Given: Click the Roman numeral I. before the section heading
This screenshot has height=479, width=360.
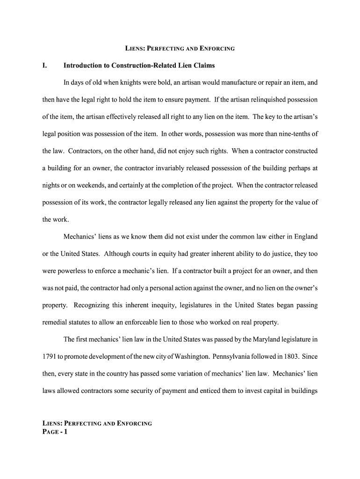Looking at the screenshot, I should [x=45, y=65].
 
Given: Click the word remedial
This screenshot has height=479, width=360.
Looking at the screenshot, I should [x=55, y=322].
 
